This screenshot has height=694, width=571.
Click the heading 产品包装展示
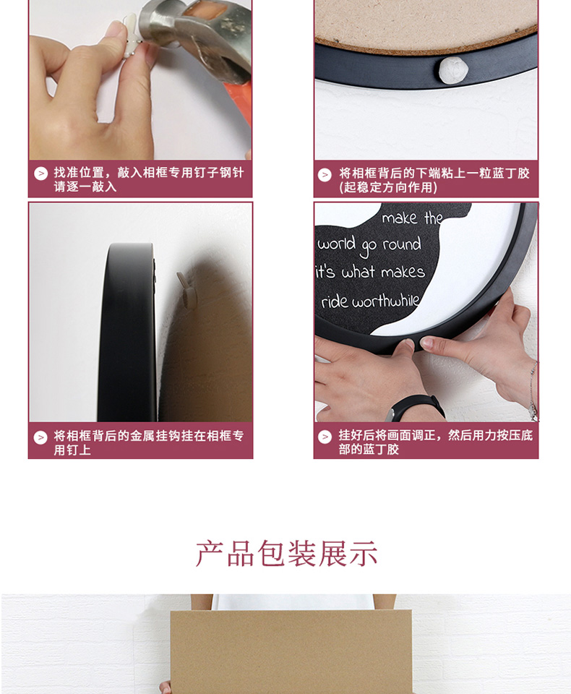click(286, 553)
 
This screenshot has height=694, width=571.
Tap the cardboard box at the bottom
click(291, 651)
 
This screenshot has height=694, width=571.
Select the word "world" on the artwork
click(336, 243)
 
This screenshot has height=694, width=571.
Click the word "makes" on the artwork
click(403, 271)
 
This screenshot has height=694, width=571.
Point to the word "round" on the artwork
click(401, 244)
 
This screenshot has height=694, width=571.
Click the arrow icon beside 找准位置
click(40, 173)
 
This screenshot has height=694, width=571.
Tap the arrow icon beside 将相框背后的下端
click(325, 175)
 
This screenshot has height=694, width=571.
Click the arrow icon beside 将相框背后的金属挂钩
click(40, 437)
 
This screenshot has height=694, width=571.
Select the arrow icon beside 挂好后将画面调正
click(325, 437)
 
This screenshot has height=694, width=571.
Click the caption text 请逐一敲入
click(85, 187)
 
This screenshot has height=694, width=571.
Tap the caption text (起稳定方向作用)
click(387, 188)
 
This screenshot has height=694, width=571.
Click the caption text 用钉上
click(72, 450)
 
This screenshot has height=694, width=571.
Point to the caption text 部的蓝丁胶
click(369, 450)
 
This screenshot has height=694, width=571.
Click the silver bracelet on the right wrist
click(533, 390)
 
